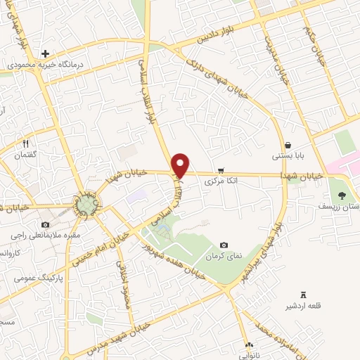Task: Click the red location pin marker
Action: click(181, 165)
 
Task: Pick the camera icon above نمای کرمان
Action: click(224, 245)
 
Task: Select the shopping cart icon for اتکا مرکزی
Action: click(221, 171)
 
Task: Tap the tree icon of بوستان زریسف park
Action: click(342, 195)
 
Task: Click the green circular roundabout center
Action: click(86, 205)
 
